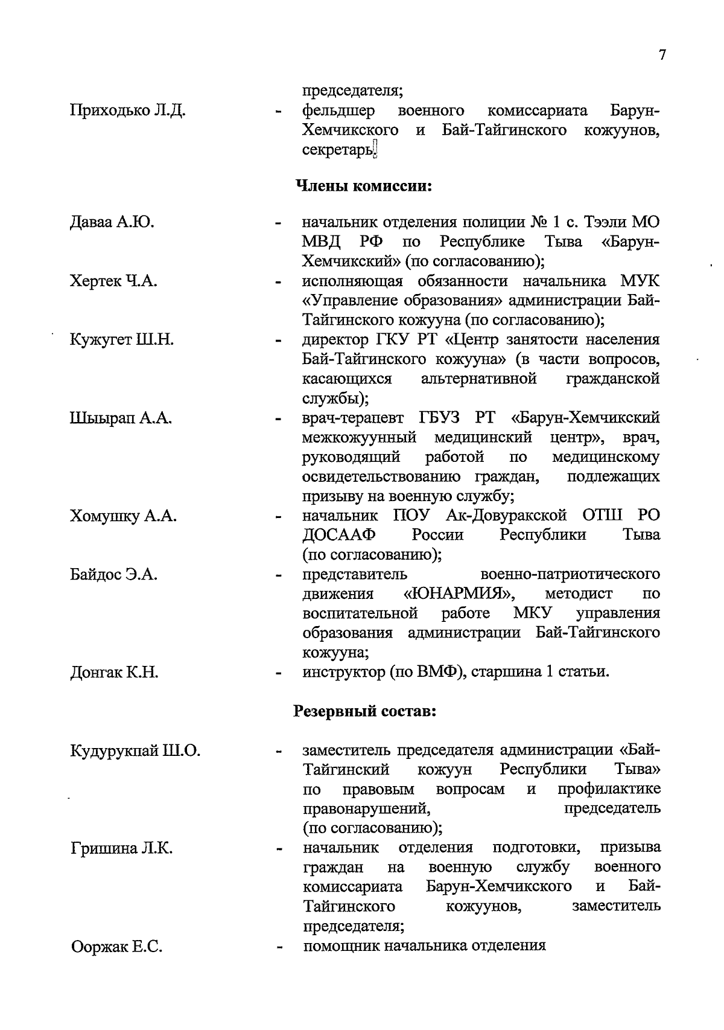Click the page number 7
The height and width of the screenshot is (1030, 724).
pyautogui.click(x=662, y=55)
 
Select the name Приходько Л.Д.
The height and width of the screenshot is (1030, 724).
pyautogui.click(x=128, y=110)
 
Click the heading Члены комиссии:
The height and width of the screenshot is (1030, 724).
pyautogui.click(x=364, y=185)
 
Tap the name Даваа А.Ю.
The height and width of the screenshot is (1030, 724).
pyautogui.click(x=112, y=222)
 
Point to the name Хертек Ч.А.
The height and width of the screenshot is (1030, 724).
pyautogui.click(x=114, y=281)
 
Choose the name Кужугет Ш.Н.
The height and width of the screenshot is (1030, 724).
pyautogui.click(x=122, y=339)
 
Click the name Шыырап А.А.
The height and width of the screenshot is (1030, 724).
pyautogui.click(x=121, y=418)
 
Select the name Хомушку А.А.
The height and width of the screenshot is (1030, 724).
pyautogui.click(x=124, y=516)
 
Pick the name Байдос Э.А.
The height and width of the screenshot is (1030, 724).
pyautogui.click(x=114, y=574)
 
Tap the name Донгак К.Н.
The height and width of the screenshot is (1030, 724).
pyautogui.click(x=115, y=672)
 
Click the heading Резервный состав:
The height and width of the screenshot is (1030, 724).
pyautogui.click(x=364, y=711)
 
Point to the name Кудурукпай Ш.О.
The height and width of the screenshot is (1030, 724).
pyautogui.click(x=135, y=751)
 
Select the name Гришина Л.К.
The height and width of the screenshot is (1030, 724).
pyautogui.click(x=122, y=849)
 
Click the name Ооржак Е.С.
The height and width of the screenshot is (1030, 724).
pyautogui.click(x=117, y=947)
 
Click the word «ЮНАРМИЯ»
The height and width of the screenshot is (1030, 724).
pyautogui.click(x=459, y=593)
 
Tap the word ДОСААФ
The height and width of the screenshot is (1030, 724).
pyautogui.click(x=339, y=535)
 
